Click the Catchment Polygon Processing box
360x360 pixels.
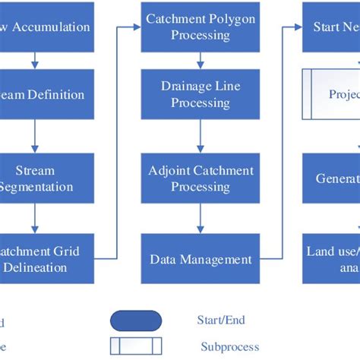200,27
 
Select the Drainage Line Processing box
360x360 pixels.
200,95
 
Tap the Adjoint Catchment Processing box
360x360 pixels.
200,178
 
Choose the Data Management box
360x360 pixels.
200,260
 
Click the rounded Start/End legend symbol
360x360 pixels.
137,321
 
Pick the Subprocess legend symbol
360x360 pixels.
137,347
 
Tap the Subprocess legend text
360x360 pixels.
230,347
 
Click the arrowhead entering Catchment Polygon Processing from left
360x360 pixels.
137,27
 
